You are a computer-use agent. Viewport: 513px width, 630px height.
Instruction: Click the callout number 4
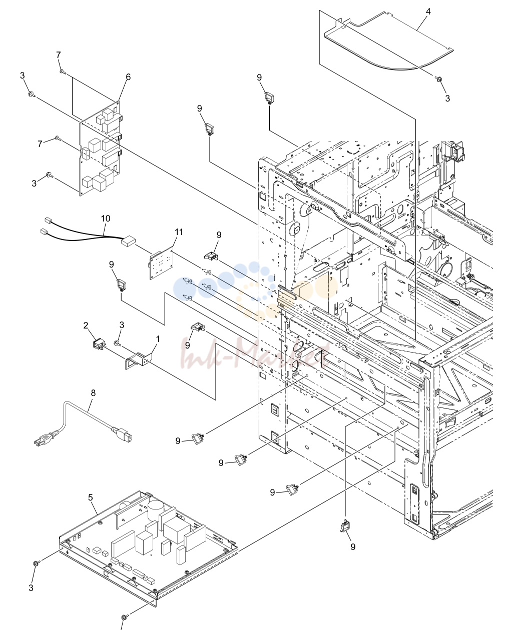(428, 11)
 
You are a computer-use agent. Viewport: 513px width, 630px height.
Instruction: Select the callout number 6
(128, 77)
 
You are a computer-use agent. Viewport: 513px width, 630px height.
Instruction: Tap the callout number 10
(106, 218)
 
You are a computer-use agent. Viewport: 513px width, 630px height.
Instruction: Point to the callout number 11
(179, 232)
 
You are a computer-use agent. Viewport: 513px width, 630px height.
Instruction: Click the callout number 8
(93, 393)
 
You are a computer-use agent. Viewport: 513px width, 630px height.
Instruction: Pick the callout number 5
(91, 497)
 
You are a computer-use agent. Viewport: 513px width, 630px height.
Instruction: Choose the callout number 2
(86, 325)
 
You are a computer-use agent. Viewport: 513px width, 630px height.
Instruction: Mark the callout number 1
(158, 339)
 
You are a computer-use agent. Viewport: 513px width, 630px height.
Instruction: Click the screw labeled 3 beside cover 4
(438, 78)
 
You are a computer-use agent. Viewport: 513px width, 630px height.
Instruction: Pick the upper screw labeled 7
(63, 71)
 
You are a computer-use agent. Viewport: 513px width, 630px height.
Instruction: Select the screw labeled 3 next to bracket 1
(117, 343)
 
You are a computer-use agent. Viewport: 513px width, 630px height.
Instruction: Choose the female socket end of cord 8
(122, 434)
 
